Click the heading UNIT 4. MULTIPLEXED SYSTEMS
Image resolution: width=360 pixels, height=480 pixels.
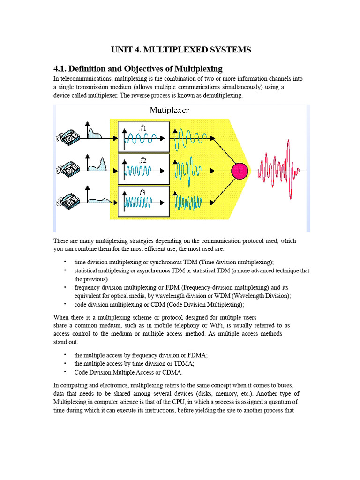(181, 50)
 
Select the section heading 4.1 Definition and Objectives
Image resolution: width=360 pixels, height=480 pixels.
(138, 68)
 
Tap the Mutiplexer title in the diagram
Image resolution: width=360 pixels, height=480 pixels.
(169, 111)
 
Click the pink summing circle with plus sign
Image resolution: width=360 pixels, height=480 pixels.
(240, 172)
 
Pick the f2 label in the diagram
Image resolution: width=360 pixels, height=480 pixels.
(143, 160)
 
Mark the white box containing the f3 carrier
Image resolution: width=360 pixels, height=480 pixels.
(143, 202)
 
